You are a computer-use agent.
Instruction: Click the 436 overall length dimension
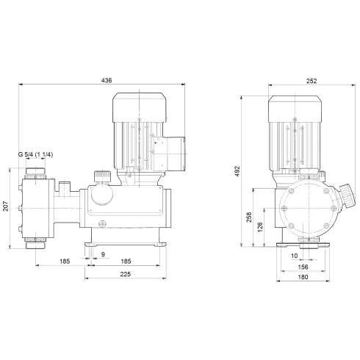click(107, 80)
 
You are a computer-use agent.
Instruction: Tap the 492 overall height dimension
click(239, 170)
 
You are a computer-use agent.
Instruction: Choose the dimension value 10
click(294, 255)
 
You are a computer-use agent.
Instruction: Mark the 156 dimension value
click(303, 266)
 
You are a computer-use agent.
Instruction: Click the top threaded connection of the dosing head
click(35, 175)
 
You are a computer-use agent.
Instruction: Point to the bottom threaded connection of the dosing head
click(35, 242)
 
